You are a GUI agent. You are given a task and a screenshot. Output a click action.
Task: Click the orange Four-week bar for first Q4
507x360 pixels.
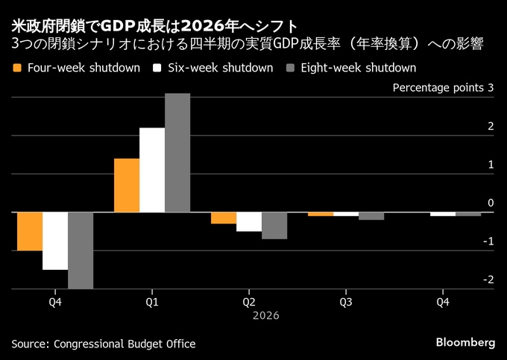[x=30, y=231]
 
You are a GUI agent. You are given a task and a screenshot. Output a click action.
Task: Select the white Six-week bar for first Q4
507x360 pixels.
[x=55, y=241]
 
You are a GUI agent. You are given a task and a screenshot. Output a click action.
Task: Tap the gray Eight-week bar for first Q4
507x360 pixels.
[x=81, y=250]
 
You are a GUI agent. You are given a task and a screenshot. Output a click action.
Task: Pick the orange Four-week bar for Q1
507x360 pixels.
[x=127, y=186]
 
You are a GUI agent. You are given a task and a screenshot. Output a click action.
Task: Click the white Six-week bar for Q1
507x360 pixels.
[x=152, y=170]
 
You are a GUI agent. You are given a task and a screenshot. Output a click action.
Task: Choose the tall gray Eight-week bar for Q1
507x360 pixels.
[x=177, y=153]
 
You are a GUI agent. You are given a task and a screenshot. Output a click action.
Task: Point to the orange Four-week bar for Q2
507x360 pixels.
[x=224, y=218]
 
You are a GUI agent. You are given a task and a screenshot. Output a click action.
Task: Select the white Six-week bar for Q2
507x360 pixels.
[x=249, y=221]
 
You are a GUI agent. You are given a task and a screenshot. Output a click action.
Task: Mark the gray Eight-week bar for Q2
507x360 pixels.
[x=274, y=225]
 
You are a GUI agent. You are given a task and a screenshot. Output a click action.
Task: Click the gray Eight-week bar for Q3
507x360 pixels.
[x=371, y=216]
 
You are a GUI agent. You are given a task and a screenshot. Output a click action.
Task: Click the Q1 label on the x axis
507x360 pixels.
[x=152, y=302]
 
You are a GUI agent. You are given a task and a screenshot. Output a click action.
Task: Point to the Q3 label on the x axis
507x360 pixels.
[x=346, y=302]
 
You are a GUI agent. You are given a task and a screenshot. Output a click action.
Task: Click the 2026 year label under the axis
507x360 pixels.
[x=266, y=316]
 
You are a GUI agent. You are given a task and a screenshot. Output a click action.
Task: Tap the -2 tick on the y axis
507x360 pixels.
[x=487, y=280]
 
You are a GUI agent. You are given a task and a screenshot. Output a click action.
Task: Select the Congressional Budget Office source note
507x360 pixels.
[x=104, y=344]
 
